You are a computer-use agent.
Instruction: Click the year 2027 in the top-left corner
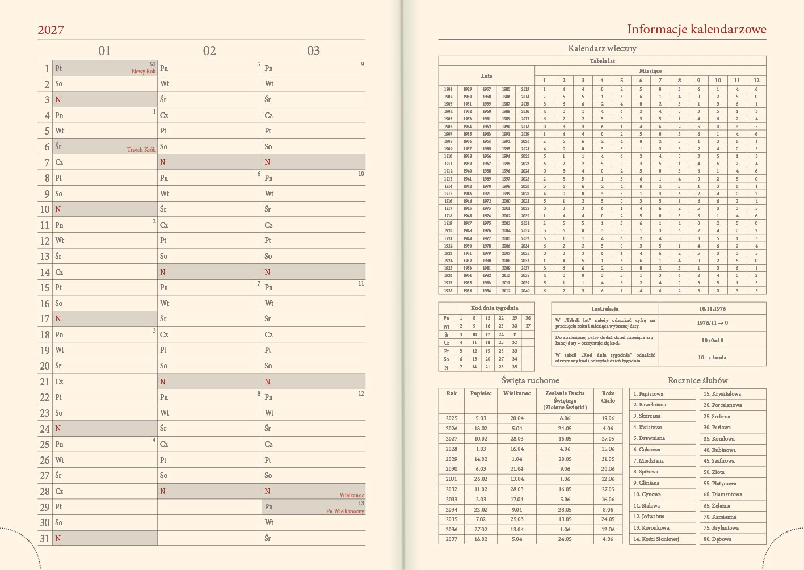(x=51, y=30)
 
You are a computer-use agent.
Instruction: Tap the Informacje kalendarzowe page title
(x=696, y=30)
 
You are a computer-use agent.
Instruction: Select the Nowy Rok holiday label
(x=144, y=72)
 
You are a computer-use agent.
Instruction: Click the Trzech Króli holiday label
(x=141, y=150)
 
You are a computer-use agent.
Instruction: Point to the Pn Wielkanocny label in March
(x=345, y=512)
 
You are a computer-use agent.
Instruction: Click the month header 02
(x=209, y=51)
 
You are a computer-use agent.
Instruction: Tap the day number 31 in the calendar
(x=45, y=538)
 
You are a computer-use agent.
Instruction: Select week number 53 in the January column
(x=153, y=65)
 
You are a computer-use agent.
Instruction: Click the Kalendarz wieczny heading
(x=602, y=48)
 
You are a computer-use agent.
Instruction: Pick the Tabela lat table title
(x=602, y=61)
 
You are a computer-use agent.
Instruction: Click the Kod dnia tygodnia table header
(x=494, y=308)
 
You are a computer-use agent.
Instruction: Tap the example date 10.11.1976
(x=712, y=308)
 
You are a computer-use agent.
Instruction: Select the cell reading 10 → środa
(x=712, y=358)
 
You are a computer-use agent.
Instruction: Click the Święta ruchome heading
(x=531, y=380)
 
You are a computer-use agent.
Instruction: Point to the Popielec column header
(x=481, y=393)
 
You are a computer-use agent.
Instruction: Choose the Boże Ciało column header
(x=608, y=396)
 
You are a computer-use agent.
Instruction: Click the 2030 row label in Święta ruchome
(x=451, y=469)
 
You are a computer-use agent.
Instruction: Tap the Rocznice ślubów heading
(x=697, y=380)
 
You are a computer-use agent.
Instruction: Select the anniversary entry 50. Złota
(x=714, y=472)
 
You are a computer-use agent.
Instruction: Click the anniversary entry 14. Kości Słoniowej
(x=656, y=539)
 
